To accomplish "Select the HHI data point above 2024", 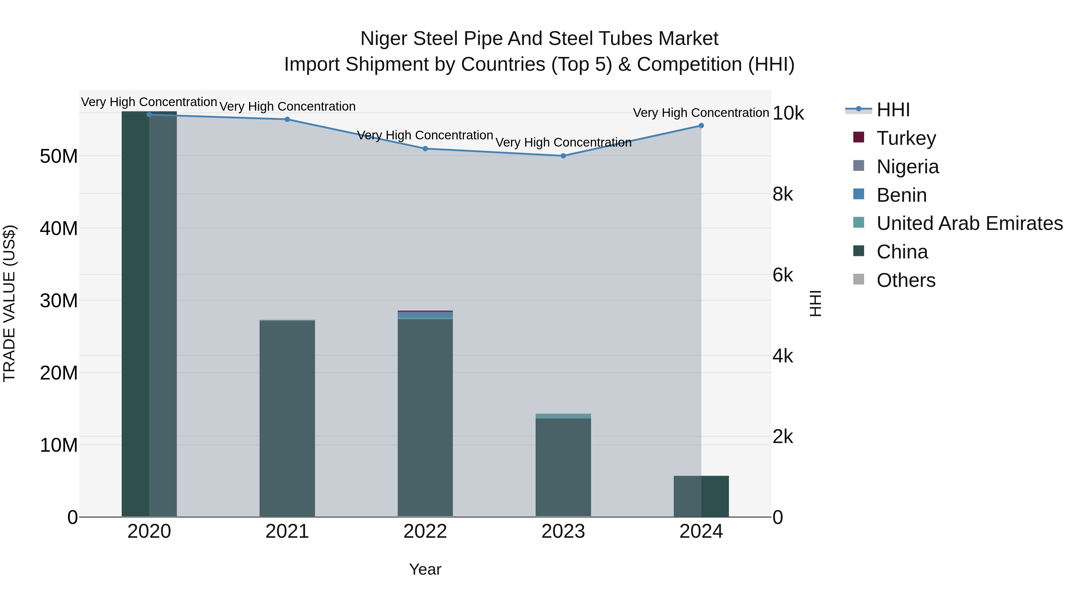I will pos(701,126).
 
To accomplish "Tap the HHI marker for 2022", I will pos(425,149).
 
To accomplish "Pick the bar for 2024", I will pos(701,496).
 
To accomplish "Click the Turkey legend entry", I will pos(906,138).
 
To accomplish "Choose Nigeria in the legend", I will pos(907,167).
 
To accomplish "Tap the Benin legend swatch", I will pos(859,194).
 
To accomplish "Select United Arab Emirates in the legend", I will pos(969,223).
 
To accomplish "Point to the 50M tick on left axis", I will pos(59,156).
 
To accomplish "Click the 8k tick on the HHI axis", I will pos(783,194).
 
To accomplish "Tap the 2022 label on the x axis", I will pos(425,531).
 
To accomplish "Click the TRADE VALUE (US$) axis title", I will pos(9,303).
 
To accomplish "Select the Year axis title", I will pos(425,569).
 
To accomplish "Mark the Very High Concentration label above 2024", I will pos(701,113).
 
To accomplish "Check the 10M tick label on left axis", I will pos(59,445).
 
